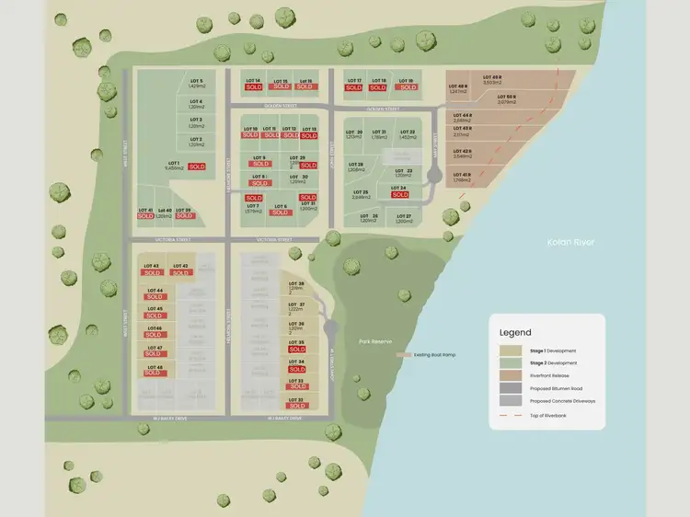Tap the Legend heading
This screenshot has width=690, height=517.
(x=515, y=332)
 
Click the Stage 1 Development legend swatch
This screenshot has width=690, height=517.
(x=507, y=350)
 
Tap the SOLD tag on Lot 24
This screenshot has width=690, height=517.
(x=399, y=194)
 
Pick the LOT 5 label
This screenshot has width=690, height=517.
(x=196, y=82)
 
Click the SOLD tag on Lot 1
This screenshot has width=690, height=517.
(x=196, y=167)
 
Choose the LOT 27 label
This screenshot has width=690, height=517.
(x=403, y=216)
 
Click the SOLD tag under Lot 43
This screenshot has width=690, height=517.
(x=180, y=273)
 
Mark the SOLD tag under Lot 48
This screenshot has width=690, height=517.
(x=153, y=373)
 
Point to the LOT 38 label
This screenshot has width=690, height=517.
(x=295, y=283)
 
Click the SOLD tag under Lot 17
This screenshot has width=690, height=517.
(x=354, y=88)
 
